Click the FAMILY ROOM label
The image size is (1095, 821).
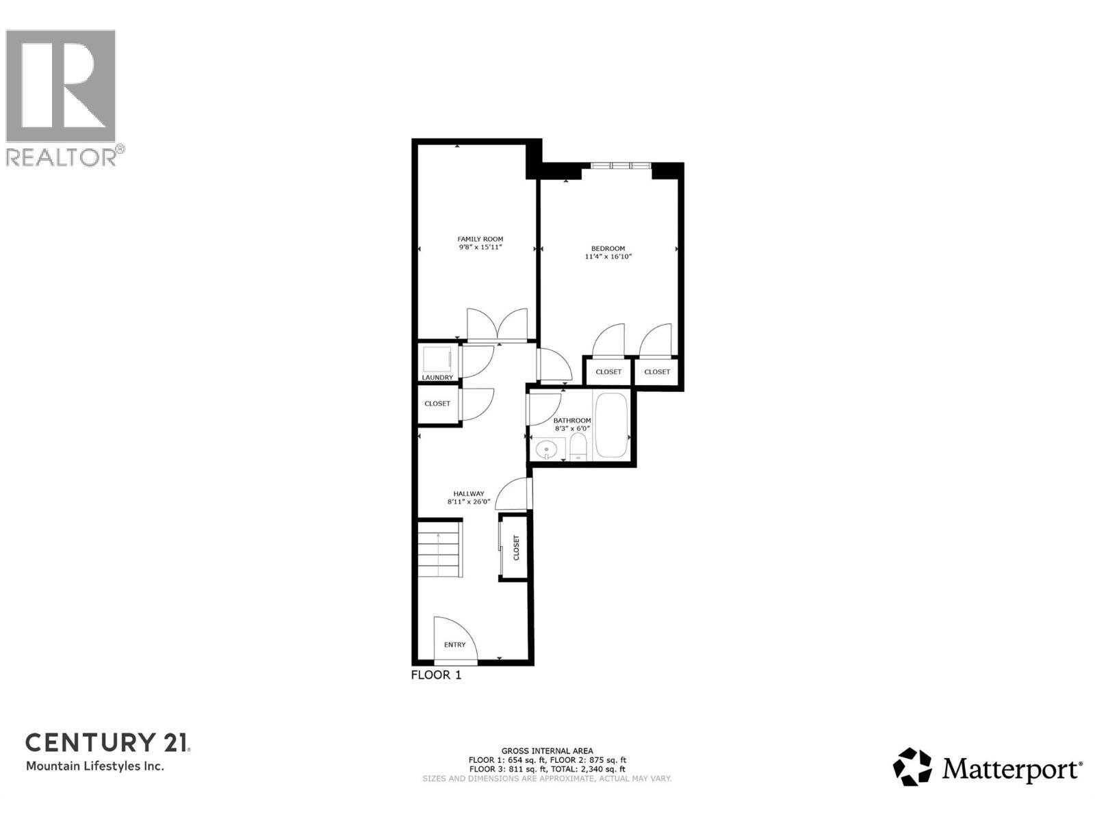[x=480, y=239]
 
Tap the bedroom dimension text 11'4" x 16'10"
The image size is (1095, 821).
[x=608, y=257]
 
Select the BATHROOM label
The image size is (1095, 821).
[x=571, y=420]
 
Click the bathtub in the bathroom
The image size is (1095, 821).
[x=612, y=426]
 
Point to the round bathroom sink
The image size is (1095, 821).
[x=546, y=450]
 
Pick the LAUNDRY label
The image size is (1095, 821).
[x=437, y=378]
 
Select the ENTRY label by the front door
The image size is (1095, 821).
[x=454, y=644]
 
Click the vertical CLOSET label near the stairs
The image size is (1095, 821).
[x=516, y=547]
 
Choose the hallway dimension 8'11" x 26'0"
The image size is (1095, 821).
[x=469, y=501]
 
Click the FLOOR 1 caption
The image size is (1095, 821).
[x=436, y=675]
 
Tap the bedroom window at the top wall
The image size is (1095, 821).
[x=620, y=166]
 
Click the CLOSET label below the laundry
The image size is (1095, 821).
[x=437, y=404]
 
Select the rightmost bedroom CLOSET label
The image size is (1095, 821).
[x=657, y=372]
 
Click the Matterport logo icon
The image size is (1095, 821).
[x=912, y=766]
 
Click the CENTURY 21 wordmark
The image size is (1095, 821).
[x=107, y=742]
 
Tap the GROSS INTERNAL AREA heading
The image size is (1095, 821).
[x=547, y=751]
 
